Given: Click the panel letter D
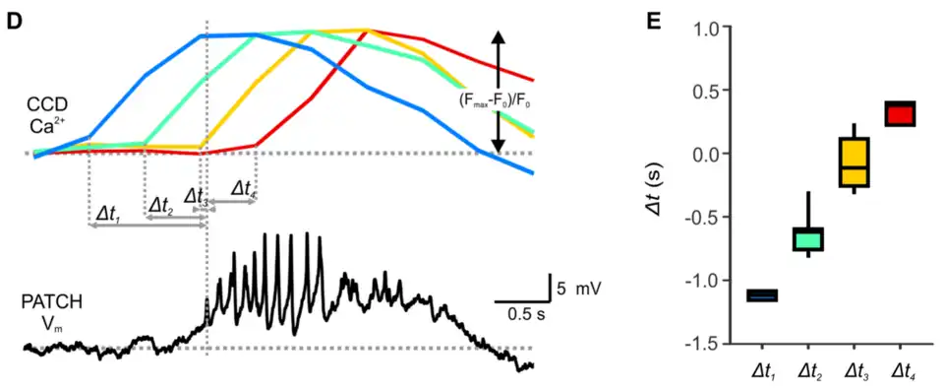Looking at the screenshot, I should pos(14,21).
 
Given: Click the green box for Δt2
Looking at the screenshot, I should pos(808,239).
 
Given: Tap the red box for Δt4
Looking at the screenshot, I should pos(900,113).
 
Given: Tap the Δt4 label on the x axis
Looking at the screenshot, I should pos(901,371).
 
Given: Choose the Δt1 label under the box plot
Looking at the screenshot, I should pos(762,371).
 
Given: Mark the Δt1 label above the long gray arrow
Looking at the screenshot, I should pos(107,212).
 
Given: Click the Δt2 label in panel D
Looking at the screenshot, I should pos(160,205).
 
